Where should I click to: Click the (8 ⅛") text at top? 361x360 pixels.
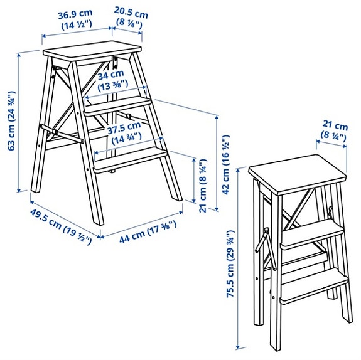[x=131, y=25]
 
